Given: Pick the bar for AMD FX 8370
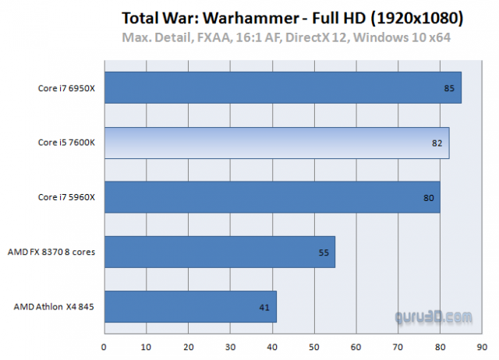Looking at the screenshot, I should [x=219, y=252].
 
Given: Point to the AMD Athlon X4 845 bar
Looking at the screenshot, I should [x=189, y=307].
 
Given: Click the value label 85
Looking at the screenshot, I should [x=449, y=88].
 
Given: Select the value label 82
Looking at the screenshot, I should [x=437, y=143].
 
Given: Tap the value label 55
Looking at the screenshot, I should [x=323, y=252].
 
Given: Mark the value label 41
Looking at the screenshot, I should [x=264, y=307].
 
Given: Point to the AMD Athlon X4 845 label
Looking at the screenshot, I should [x=54, y=307].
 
